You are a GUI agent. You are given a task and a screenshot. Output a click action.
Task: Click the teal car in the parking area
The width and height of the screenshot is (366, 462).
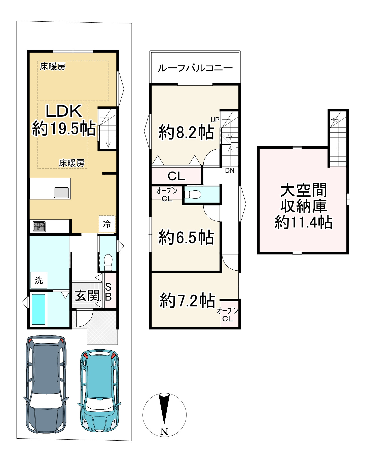[x=99, y=390]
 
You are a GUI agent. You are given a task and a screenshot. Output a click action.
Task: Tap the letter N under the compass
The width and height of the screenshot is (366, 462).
[x=164, y=432]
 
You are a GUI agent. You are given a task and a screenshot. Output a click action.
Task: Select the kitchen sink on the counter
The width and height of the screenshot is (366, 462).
[x=61, y=193]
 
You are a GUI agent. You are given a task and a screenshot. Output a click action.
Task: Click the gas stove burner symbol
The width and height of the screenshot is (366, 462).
[x=40, y=226]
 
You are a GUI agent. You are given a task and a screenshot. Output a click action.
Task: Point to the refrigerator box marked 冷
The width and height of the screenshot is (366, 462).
[x=107, y=224]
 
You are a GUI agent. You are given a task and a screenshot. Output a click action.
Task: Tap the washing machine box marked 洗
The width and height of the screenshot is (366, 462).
[x=39, y=280]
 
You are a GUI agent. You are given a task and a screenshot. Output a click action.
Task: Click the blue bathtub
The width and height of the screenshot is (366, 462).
[x=39, y=309]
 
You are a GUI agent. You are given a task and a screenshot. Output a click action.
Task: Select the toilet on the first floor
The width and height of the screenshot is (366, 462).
[x=108, y=262]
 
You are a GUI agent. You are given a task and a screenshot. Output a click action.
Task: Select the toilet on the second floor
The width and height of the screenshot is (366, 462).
[x=193, y=194]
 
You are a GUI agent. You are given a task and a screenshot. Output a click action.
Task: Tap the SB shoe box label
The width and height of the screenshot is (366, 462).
[x=108, y=292]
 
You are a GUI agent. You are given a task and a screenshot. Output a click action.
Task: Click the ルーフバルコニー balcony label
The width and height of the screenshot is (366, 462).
[x=195, y=68]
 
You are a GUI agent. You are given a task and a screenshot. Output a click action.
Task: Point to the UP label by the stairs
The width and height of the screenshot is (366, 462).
[x=215, y=120]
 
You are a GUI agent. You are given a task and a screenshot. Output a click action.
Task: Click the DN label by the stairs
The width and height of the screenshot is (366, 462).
[x=230, y=171]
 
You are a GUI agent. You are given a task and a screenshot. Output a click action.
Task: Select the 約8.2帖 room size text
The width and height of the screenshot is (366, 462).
[x=186, y=132]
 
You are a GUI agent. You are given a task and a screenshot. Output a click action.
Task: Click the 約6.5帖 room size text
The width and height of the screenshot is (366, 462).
[x=186, y=237]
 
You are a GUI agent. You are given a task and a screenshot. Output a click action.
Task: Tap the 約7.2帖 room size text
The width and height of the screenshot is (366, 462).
[x=187, y=301]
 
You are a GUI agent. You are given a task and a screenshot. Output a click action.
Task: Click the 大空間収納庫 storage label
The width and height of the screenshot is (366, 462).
[x=304, y=199]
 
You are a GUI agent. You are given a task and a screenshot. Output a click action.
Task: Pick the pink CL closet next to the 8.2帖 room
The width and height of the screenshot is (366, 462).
[x=176, y=176]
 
